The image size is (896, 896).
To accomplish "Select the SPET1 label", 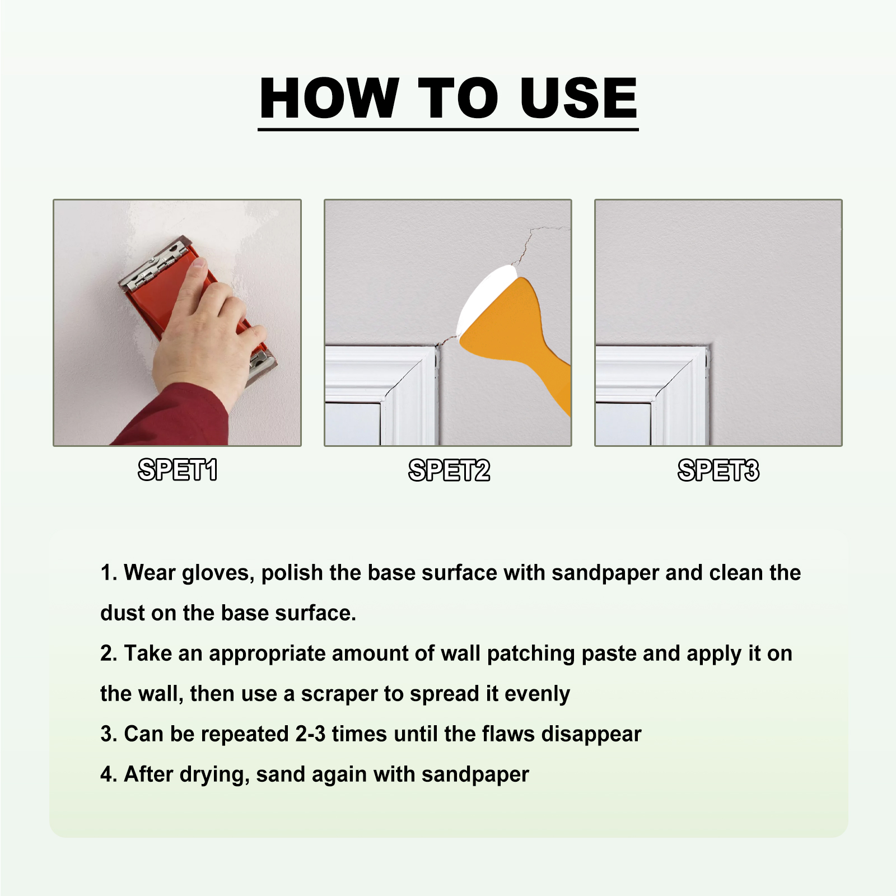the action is pyautogui.click(x=178, y=470).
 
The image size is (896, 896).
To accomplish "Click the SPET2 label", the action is pyautogui.click(x=449, y=470).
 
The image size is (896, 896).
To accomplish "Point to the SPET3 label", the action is pyautogui.click(x=718, y=470).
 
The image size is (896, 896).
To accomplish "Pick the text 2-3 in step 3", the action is pyautogui.click(x=310, y=734).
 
